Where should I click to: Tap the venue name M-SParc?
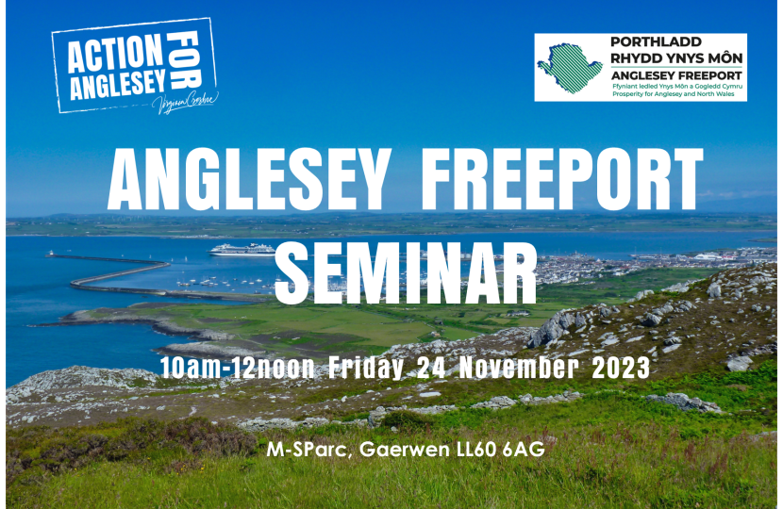point(303,450)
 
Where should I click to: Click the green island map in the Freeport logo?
point(571,68)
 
